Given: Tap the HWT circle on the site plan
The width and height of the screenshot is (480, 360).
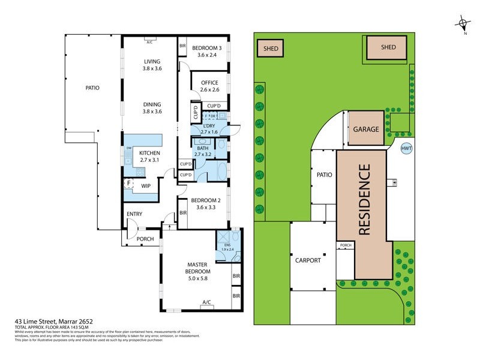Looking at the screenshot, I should tap(406, 148).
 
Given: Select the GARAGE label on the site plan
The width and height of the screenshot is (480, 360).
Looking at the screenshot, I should tap(365, 129).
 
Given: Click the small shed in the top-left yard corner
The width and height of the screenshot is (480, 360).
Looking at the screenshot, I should tap(271, 48).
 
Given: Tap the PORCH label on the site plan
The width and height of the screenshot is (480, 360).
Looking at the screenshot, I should tap(346, 245).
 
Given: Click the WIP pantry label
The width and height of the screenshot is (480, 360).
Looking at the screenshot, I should tap(145, 186).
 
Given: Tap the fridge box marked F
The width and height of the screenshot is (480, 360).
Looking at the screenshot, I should tap(128, 184).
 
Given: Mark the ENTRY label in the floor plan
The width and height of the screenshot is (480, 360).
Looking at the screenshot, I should tap(134, 214).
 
